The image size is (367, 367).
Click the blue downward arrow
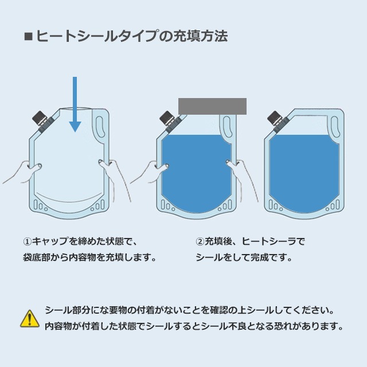(x=75, y=107)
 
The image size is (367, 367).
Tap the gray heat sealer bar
(x=212, y=106)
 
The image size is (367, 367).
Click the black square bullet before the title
(x=28, y=37)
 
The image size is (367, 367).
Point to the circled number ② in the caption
(x=200, y=242)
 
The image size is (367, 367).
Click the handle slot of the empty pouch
(x=101, y=124)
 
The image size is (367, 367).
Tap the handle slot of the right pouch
(x=334, y=124)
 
